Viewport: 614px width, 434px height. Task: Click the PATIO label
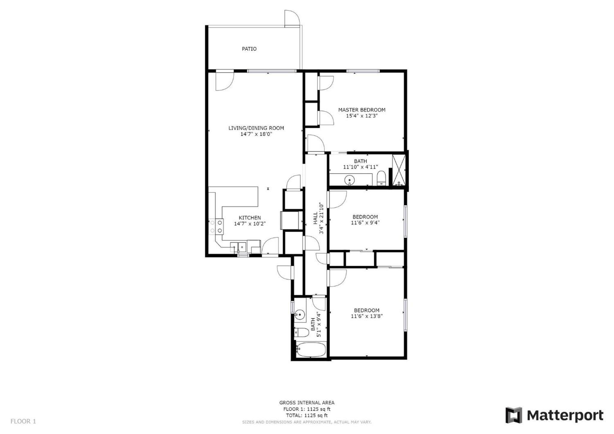(249, 49)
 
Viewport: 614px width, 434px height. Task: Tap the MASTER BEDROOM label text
(361, 110)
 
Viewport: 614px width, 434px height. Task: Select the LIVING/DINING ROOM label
(256, 128)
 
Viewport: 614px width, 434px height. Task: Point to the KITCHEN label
(250, 218)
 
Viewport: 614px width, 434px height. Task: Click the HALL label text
(316, 218)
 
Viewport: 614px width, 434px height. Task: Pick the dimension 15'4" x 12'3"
(361, 116)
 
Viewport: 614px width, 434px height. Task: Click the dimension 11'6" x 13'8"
(367, 316)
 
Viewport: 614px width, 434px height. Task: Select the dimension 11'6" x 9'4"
(365, 223)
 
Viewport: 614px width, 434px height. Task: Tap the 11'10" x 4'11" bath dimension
(360, 167)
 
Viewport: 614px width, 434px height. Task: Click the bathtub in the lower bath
(310, 349)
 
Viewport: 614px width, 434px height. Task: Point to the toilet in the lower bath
(301, 332)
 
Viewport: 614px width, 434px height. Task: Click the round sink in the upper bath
(349, 180)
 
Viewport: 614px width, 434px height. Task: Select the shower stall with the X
(399, 170)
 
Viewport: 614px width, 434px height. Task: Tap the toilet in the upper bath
(381, 178)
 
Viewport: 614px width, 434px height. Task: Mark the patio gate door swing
(292, 19)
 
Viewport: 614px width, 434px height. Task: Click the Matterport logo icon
(514, 415)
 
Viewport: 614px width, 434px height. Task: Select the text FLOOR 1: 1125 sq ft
(307, 409)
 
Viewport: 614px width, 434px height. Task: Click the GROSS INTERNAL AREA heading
(307, 403)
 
